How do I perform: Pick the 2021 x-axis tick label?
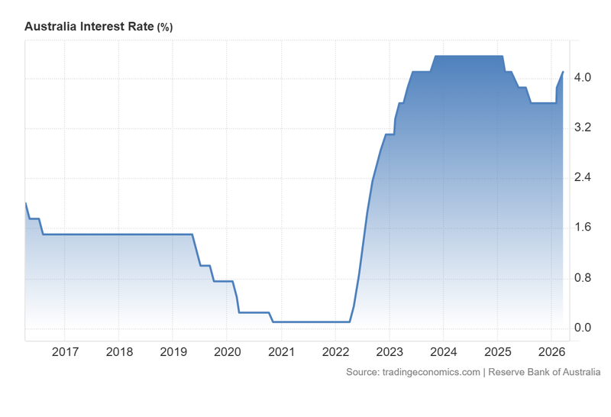click(281, 352)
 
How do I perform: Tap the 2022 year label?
click(335, 352)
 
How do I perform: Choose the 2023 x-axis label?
click(390, 352)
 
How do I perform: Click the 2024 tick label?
click(444, 352)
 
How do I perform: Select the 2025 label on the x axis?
click(497, 352)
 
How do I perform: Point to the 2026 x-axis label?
click(551, 352)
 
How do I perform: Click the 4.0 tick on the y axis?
click(583, 78)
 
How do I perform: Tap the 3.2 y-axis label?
click(583, 128)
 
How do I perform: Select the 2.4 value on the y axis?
click(583, 178)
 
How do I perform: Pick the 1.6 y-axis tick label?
click(583, 228)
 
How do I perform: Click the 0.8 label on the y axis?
click(583, 278)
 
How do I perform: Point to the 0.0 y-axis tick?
click(583, 328)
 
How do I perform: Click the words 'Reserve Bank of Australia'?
click(545, 372)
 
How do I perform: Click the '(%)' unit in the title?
click(165, 27)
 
